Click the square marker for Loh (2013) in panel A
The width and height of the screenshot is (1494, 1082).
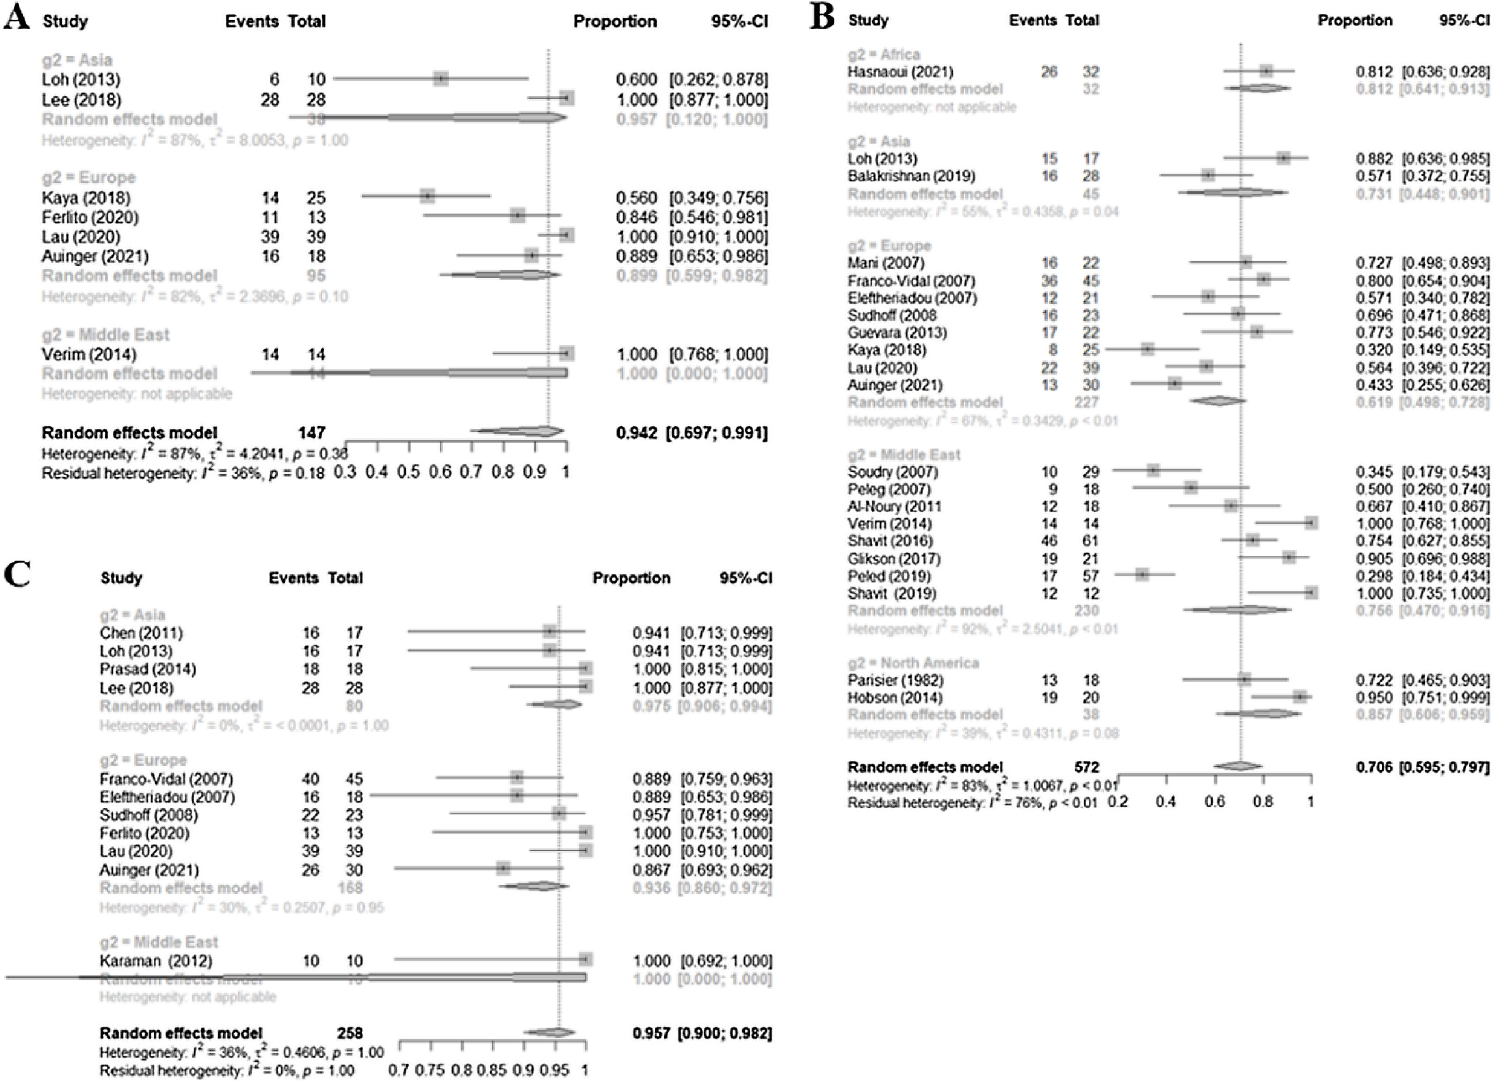pos(441,79)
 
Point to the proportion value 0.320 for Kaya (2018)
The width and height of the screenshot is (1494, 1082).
pos(1374,350)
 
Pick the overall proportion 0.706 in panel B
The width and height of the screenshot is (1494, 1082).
pos(1374,767)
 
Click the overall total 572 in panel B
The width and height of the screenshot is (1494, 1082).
pos(1087,767)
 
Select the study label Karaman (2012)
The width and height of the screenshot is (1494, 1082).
pos(156,961)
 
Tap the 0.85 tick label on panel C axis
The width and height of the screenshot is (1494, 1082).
pos(493,1070)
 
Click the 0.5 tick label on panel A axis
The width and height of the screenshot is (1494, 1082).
pos(408,472)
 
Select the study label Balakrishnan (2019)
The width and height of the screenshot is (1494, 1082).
pos(912,176)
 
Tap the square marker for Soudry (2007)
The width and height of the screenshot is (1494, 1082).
pos(1153,471)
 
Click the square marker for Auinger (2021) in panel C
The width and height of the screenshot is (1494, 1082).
pos(503,869)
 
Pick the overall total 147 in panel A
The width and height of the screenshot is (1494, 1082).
pos(312,433)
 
